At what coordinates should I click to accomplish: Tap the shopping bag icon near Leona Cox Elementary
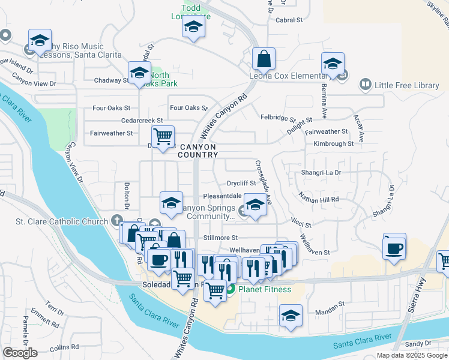pos(264,59)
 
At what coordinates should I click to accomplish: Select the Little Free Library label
pos(407,85)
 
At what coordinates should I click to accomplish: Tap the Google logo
pos(20,352)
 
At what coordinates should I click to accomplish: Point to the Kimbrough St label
pos(333,144)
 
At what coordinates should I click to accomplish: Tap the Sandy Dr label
pos(418,344)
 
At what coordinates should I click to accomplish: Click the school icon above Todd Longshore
pos(193,27)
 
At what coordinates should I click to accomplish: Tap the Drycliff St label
pos(241,183)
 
